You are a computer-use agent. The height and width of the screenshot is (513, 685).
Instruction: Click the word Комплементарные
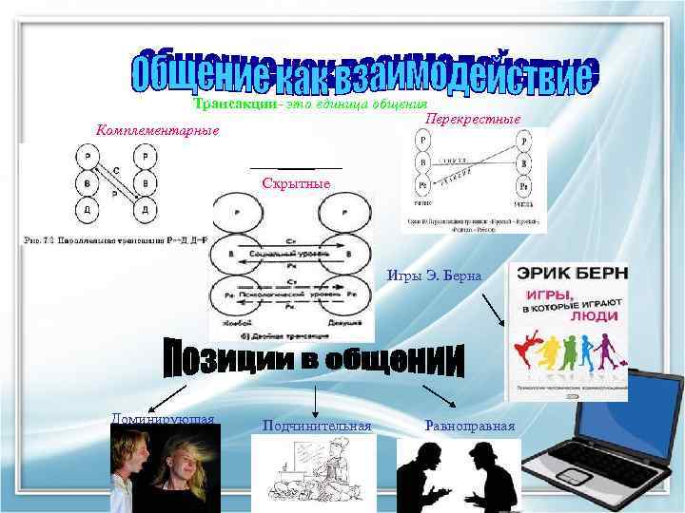(158, 129)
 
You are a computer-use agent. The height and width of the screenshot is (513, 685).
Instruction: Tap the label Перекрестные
(473, 120)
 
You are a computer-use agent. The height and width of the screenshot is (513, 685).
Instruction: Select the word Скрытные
(295, 181)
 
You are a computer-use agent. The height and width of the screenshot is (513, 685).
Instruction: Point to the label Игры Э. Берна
(434, 275)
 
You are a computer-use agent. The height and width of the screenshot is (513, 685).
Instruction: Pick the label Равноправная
(470, 426)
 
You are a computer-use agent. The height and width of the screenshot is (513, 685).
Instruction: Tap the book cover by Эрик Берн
(568, 332)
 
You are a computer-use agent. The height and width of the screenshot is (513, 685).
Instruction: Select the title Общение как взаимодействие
(362, 68)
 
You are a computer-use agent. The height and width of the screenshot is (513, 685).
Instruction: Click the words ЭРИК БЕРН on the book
(571, 275)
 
